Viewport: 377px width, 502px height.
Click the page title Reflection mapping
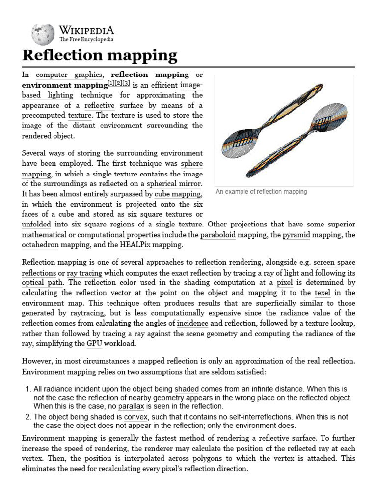100,55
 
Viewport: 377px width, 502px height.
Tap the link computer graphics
69,75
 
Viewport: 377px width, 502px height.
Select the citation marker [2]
118,84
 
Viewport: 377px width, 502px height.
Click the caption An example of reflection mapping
261,191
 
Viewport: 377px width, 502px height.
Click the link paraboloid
217,235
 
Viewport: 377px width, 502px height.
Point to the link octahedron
40,244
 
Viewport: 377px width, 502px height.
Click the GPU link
95,344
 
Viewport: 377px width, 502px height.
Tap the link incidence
192,324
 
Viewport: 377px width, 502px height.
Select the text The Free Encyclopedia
86,39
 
